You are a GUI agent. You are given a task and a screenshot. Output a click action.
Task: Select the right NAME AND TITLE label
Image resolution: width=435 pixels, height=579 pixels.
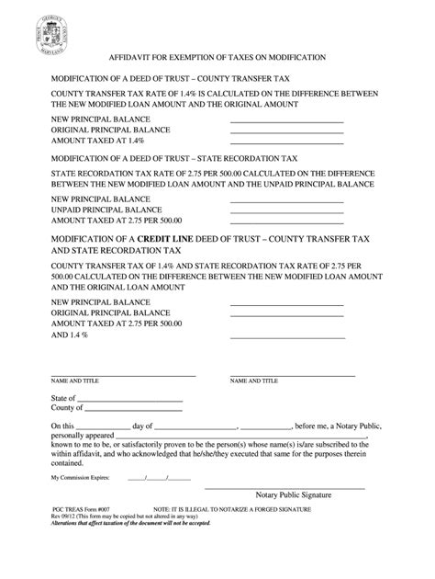pos(252,380)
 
